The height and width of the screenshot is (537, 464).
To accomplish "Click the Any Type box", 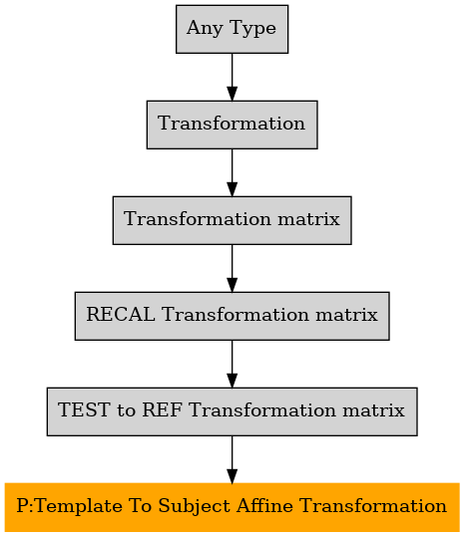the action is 232,29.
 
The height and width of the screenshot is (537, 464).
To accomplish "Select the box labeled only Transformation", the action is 232,125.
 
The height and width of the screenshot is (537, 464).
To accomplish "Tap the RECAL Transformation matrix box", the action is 232,316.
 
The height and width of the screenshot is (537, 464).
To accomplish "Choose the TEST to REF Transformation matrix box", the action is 232,411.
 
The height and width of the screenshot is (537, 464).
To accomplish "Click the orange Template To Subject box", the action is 232,507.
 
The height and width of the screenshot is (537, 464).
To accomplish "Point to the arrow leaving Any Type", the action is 232,77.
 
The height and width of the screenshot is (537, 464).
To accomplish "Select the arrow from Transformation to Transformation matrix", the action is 232,172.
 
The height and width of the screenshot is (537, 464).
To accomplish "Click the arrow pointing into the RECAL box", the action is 232,268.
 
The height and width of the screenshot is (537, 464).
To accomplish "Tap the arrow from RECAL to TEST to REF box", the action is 232,364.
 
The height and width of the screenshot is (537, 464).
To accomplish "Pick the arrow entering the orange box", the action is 232,459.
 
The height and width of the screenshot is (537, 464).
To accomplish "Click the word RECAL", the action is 121,315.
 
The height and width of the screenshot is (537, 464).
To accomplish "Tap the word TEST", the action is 85,409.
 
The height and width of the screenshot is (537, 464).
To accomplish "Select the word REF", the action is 162,409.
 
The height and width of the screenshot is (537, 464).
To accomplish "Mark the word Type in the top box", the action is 252,29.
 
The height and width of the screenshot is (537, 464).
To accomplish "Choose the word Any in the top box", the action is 205,29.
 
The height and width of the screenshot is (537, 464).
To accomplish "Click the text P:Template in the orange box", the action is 69,506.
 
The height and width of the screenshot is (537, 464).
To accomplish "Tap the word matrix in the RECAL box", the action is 346,315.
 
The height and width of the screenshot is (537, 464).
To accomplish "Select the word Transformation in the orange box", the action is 373,506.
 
